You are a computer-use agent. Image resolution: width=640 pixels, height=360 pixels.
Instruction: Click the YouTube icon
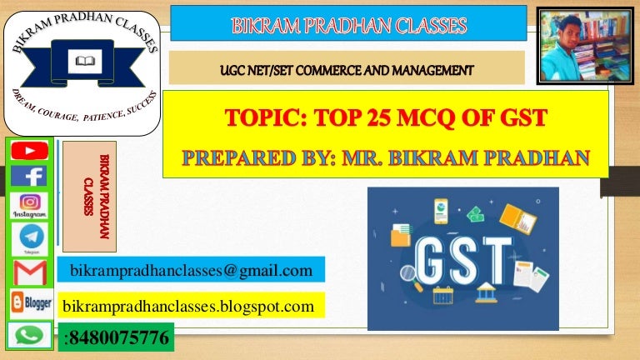(x=29, y=151)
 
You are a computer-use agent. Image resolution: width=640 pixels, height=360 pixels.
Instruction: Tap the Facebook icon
(x=28, y=177)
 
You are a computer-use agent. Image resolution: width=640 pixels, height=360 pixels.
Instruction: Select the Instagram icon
(x=29, y=206)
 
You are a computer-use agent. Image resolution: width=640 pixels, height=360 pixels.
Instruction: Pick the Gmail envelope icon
(x=30, y=272)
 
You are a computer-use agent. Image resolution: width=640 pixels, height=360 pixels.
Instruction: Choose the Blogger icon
(x=32, y=302)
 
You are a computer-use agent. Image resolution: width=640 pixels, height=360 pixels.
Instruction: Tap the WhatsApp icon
(x=29, y=336)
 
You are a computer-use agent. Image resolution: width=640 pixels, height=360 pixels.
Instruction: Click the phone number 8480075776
(x=119, y=338)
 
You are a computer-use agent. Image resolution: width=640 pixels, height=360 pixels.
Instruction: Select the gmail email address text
(x=191, y=270)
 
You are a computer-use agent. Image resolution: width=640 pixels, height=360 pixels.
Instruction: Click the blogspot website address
(x=188, y=306)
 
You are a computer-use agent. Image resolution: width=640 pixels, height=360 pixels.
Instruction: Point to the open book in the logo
(x=85, y=61)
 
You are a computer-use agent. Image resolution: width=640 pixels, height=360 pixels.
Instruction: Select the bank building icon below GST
(x=486, y=292)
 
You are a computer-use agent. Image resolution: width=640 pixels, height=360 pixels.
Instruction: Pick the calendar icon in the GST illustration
(x=442, y=295)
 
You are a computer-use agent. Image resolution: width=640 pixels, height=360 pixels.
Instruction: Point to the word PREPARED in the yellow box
(x=239, y=158)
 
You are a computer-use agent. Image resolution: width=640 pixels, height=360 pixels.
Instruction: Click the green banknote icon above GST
(x=476, y=214)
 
